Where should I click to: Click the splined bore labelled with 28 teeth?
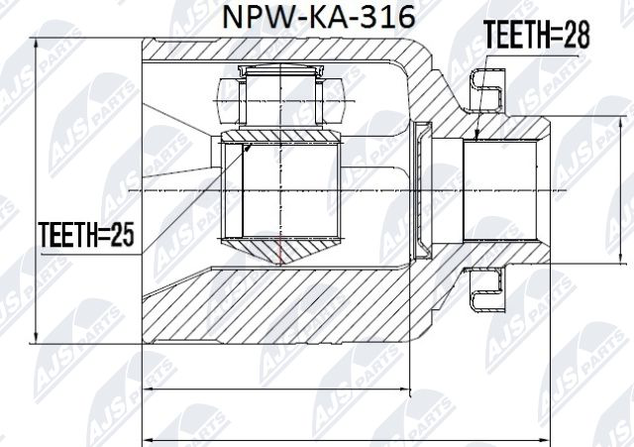point(505,188)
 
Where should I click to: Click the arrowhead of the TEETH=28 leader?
point(476,138)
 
